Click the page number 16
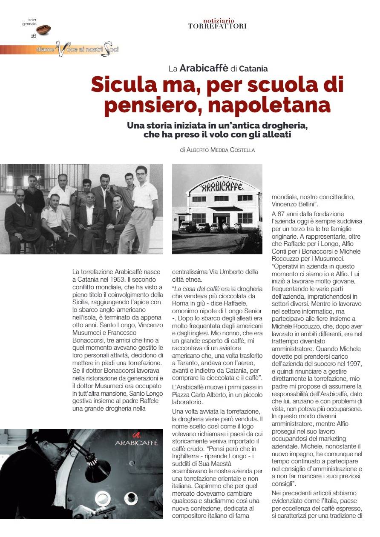click(x=33, y=36)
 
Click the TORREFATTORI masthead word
click(x=217, y=26)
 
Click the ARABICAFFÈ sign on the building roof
click(x=222, y=186)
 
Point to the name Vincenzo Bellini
click(x=292, y=204)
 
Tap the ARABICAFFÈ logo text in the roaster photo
click(x=137, y=443)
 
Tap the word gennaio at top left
click(x=29, y=24)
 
